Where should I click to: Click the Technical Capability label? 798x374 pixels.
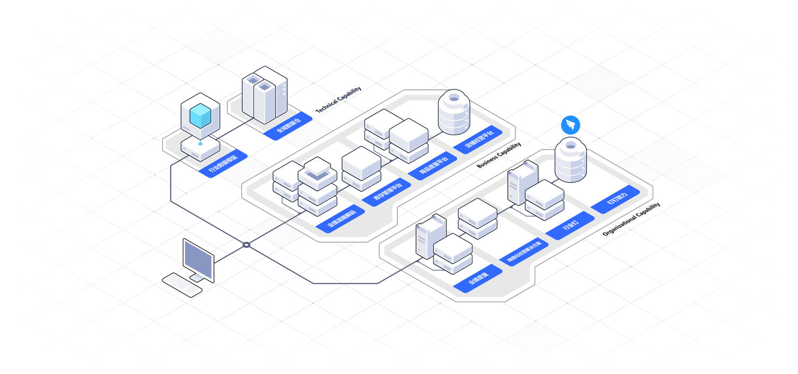coord(338,99)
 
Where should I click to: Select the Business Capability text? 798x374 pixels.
coord(498,155)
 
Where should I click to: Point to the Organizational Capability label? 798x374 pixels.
coord(631,219)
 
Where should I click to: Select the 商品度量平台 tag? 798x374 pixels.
coord(432,166)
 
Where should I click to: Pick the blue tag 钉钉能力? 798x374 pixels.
coord(615,199)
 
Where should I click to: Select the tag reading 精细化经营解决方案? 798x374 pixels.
coord(523,252)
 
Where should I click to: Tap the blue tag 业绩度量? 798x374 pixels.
coord(478,278)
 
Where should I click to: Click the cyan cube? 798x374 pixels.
coord(200,116)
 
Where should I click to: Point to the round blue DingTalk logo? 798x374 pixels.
coord(570,126)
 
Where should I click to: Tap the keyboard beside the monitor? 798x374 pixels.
coord(182,284)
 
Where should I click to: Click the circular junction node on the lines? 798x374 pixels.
coord(246,245)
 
